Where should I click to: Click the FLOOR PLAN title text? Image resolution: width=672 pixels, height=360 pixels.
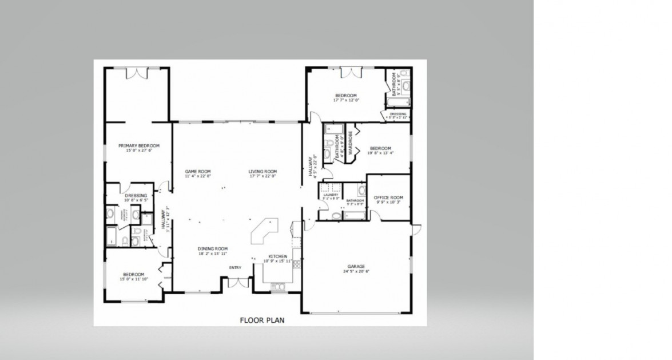coord(261,320)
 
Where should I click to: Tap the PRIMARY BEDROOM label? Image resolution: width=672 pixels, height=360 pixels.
coord(138,146)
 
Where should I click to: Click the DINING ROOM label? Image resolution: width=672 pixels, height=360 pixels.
coord(213,249)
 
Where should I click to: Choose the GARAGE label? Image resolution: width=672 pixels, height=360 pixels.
coord(356,267)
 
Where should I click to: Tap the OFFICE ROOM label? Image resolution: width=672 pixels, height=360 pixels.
coord(388,197)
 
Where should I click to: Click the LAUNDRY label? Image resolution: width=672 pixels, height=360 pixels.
coord(331,195)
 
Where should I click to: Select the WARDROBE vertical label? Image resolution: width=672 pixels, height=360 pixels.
coord(350,144)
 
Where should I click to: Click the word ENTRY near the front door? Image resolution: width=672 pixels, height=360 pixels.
coord(235,267)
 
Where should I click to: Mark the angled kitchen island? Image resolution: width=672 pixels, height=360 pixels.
coord(264,232)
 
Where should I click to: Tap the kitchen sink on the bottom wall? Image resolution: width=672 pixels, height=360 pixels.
coord(279,286)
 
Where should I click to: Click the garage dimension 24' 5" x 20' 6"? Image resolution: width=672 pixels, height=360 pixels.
coord(356,272)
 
